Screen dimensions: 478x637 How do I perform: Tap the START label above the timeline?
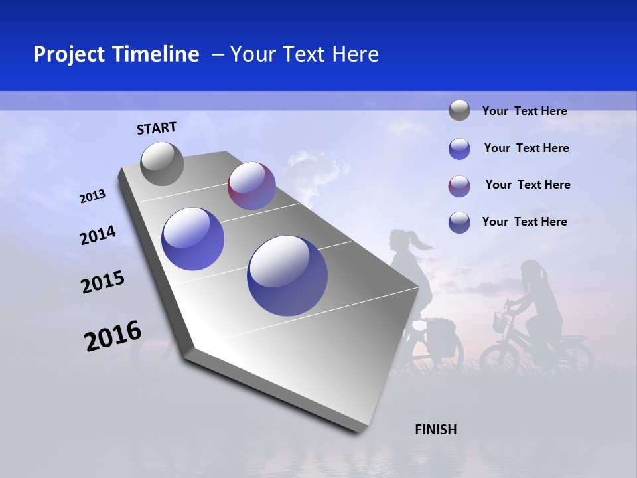click(x=157, y=127)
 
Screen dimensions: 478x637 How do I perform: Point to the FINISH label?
click(x=435, y=430)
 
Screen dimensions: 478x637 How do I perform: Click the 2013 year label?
click(x=92, y=197)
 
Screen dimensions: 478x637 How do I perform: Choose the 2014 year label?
click(x=98, y=235)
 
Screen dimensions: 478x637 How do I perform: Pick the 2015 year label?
click(x=102, y=282)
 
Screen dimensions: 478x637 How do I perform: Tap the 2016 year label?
click(x=113, y=336)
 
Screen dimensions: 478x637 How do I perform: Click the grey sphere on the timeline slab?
click(x=162, y=163)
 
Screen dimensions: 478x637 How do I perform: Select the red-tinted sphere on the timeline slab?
click(x=251, y=186)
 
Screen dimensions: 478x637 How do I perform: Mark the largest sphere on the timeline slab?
click(x=287, y=275)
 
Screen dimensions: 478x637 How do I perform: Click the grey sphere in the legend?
click(x=459, y=110)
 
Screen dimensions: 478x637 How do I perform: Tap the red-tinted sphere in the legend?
click(x=459, y=186)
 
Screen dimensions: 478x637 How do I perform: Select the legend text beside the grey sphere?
click(x=524, y=111)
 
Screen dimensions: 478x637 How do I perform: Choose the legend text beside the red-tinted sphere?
click(x=528, y=185)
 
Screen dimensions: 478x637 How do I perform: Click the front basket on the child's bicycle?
click(x=500, y=323)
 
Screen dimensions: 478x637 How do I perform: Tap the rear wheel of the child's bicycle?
click(x=574, y=358)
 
